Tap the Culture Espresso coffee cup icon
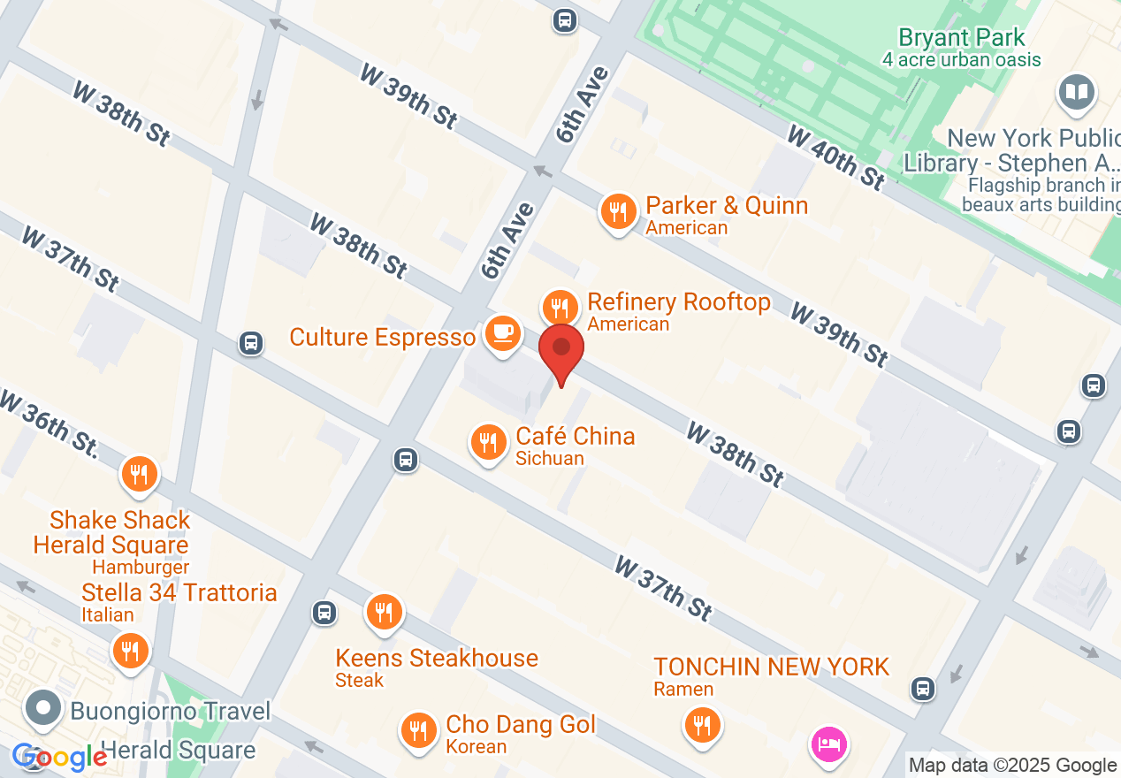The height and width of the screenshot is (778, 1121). pyautogui.click(x=502, y=334)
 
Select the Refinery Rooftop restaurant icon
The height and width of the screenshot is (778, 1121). pyautogui.click(x=559, y=308)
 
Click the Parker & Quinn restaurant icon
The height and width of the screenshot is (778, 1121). pyautogui.click(x=618, y=212)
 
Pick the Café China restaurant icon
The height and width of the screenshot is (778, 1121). pyautogui.click(x=487, y=442)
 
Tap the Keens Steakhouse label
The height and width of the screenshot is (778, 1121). pyautogui.click(x=437, y=658)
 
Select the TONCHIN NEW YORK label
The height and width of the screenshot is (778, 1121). pyautogui.click(x=771, y=667)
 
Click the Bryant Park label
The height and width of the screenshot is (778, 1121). pyautogui.click(x=962, y=38)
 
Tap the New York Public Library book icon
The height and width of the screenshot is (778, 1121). pyautogui.click(x=1076, y=92)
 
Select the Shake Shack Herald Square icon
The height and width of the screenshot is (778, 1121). pyautogui.click(x=139, y=474)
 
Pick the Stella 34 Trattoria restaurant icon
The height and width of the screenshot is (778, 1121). pyautogui.click(x=130, y=652)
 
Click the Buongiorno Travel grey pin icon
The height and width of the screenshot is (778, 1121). pyautogui.click(x=42, y=708)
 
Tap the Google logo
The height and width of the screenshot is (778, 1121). pyautogui.click(x=59, y=758)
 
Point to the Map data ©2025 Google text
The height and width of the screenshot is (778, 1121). pyautogui.click(x=1012, y=766)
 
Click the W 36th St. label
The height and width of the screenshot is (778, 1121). pyautogui.click(x=49, y=425)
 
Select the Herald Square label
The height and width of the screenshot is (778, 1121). pyautogui.click(x=179, y=751)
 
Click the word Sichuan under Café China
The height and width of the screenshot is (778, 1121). pyautogui.click(x=550, y=458)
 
